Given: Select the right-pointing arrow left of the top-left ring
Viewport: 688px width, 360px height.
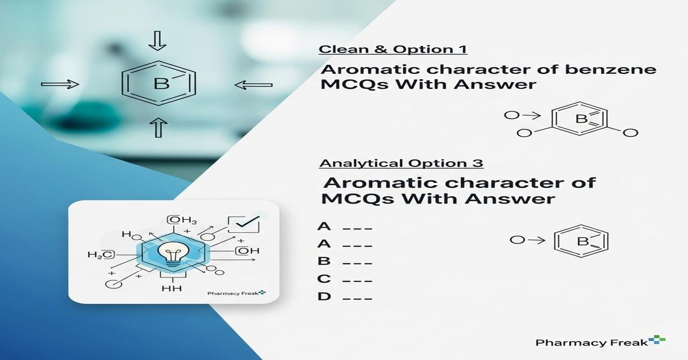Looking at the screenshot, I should tap(60, 85).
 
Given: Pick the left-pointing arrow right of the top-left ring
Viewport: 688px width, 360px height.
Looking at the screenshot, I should tap(253, 85).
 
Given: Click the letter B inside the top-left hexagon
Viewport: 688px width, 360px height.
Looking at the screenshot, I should tap(162, 85).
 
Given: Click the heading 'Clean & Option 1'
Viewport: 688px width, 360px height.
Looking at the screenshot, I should tap(393, 49).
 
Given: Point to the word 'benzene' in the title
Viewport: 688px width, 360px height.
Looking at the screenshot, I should tap(611, 70).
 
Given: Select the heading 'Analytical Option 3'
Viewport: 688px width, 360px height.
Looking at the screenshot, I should tap(401, 163).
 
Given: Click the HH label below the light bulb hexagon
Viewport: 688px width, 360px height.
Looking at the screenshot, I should tap(172, 288).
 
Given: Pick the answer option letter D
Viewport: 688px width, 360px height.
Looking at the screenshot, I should tap(324, 297).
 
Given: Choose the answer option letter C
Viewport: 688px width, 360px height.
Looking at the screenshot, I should tap(324, 279).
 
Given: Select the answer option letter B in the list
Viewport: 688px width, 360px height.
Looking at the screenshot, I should tap(324, 261).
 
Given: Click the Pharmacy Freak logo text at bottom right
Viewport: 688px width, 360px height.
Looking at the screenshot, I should tap(595, 342).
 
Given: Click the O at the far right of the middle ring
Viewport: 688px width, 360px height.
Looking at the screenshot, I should tap(630, 133).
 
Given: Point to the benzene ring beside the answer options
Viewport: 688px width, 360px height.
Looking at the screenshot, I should tap(581, 241).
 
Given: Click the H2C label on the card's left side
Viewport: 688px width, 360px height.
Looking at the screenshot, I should tap(101, 255).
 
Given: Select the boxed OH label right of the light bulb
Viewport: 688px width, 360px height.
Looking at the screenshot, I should tap(247, 251).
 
